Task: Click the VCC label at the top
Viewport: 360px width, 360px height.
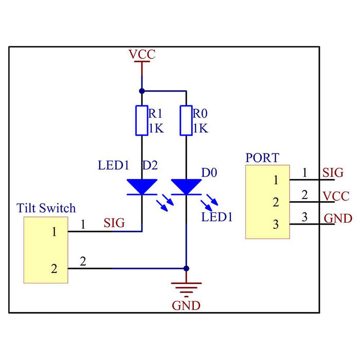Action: pyautogui.click(x=142, y=54)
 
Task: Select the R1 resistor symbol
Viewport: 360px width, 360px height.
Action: pyautogui.click(x=142, y=121)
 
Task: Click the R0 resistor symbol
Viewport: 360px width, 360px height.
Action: pyautogui.click(x=186, y=121)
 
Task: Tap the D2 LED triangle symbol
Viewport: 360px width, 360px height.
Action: pyautogui.click(x=142, y=187)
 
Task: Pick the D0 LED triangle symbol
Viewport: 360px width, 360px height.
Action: pyautogui.click(x=186, y=187)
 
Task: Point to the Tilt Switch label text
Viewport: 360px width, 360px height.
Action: pyautogui.click(x=46, y=208)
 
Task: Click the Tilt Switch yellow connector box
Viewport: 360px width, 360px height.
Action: pyautogui.click(x=46, y=249)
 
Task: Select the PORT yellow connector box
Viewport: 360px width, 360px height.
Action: pyautogui.click(x=267, y=202)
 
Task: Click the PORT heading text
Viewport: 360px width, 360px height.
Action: pyautogui.click(x=262, y=157)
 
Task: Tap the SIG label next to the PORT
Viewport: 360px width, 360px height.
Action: pyautogui.click(x=332, y=173)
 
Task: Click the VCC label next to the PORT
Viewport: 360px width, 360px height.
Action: pyautogui.click(x=337, y=196)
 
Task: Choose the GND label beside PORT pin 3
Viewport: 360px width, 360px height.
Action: pyautogui.click(x=338, y=219)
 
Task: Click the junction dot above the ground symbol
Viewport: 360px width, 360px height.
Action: pyautogui.click(x=186, y=268)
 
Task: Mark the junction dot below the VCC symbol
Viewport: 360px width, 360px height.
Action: pyautogui.click(x=142, y=91)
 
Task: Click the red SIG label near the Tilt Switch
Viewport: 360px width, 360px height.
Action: pyautogui.click(x=114, y=223)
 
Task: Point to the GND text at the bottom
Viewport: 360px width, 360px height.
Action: pyautogui.click(x=186, y=305)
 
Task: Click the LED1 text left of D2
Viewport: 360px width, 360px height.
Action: pyautogui.click(x=113, y=166)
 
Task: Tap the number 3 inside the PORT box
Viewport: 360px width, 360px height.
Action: pyautogui.click(x=276, y=224)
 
